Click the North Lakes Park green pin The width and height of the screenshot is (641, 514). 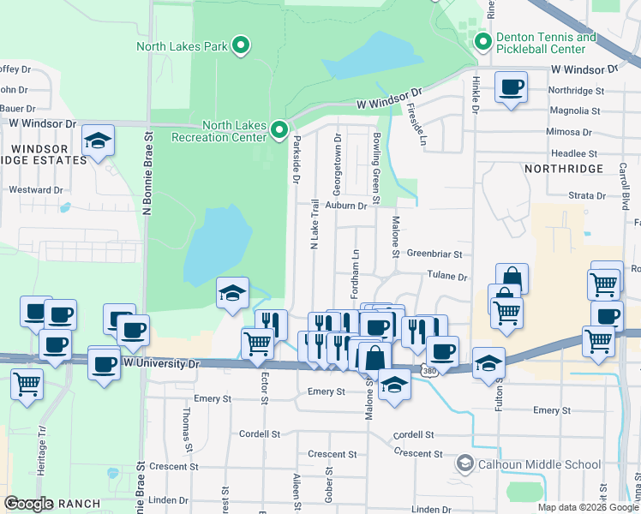[x=242, y=45]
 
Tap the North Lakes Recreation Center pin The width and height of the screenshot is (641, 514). [x=279, y=130]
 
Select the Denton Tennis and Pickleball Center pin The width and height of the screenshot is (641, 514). [x=482, y=41]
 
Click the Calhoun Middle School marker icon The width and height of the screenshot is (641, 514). [x=464, y=464]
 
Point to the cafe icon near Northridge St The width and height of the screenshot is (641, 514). [x=511, y=87]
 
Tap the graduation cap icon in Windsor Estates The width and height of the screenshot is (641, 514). [x=99, y=140]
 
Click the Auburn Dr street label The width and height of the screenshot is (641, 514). [x=346, y=206]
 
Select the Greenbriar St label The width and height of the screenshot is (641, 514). [x=434, y=254]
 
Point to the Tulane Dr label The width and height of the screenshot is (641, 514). [x=447, y=277]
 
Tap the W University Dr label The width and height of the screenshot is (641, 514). [x=161, y=363]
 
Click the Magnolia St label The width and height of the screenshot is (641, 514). [x=574, y=111]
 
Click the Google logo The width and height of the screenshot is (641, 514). [x=29, y=504]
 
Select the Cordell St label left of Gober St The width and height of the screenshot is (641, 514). [x=261, y=434]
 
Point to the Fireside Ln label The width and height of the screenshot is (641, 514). [x=416, y=125]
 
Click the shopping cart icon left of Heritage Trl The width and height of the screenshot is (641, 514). [x=27, y=383]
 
